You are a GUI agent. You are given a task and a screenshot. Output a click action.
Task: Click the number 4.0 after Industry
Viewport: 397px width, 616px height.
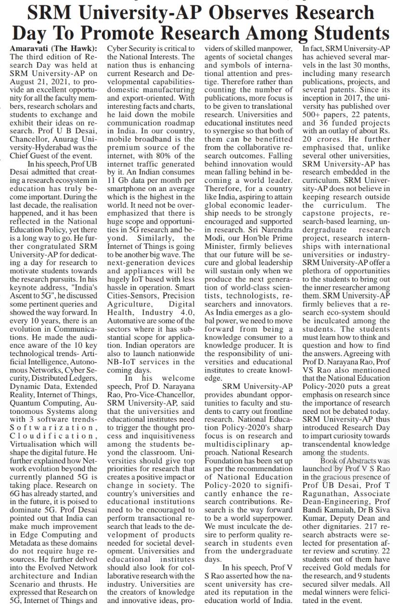[186, 311]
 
